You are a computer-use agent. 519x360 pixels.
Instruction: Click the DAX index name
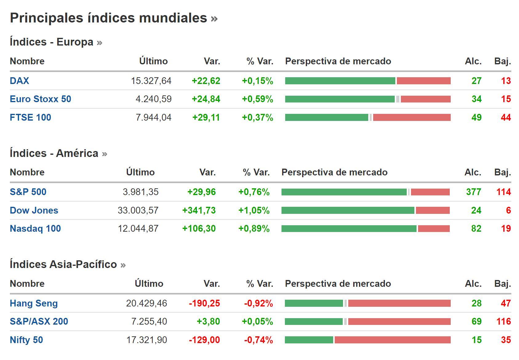click(x=19, y=81)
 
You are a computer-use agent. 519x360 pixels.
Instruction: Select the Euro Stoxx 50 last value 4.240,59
click(x=154, y=99)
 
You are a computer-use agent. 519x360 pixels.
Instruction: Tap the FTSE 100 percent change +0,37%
click(x=258, y=118)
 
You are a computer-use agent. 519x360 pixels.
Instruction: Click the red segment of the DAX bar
click(x=424, y=81)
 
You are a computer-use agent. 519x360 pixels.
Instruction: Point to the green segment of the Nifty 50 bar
click(x=309, y=340)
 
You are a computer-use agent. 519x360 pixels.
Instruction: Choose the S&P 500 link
click(x=28, y=192)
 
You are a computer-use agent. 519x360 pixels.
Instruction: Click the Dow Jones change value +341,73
click(x=199, y=210)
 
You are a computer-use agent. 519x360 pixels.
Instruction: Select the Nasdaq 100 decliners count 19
click(x=506, y=229)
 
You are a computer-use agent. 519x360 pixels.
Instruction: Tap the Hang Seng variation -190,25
click(x=205, y=303)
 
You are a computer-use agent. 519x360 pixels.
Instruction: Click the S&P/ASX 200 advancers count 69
click(x=476, y=322)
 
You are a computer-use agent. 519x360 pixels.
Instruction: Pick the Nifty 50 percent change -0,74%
click(x=258, y=340)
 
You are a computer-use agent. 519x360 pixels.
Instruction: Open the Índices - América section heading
click(x=54, y=153)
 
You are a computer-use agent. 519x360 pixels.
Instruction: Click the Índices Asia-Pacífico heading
click(x=63, y=264)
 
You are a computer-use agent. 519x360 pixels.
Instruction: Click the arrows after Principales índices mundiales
click(x=214, y=18)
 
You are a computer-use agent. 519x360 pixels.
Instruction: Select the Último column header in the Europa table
click(x=153, y=61)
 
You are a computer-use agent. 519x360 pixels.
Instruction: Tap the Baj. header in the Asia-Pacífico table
click(x=502, y=284)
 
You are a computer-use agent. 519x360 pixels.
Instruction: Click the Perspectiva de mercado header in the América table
click(x=334, y=172)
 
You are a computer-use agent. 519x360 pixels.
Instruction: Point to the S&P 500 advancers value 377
click(x=473, y=192)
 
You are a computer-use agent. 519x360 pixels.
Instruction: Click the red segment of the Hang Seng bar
click(x=399, y=303)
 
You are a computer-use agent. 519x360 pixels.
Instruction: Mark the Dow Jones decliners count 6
click(x=508, y=210)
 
